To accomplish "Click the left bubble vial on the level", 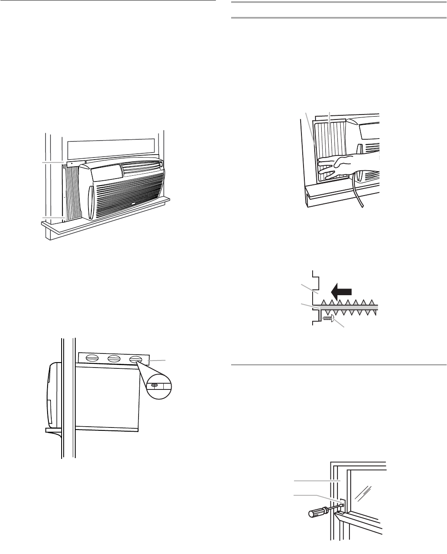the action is pos(92,358).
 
